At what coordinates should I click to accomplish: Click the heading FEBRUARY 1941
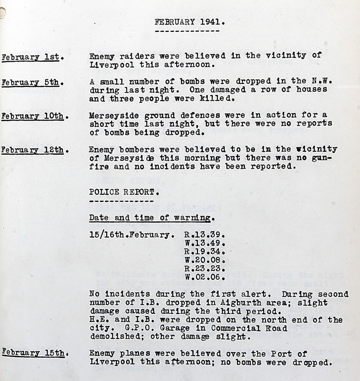tap(190, 22)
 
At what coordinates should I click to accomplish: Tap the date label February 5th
tap(30, 83)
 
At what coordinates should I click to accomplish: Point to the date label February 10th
tap(32, 117)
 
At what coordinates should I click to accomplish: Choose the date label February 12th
tap(32, 150)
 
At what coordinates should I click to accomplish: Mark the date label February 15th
tap(32, 352)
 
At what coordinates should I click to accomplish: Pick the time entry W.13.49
tap(205, 243)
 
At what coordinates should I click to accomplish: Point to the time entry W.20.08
tap(205, 261)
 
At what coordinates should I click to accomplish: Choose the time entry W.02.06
tap(205, 277)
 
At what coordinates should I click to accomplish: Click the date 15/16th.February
tap(134, 235)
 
